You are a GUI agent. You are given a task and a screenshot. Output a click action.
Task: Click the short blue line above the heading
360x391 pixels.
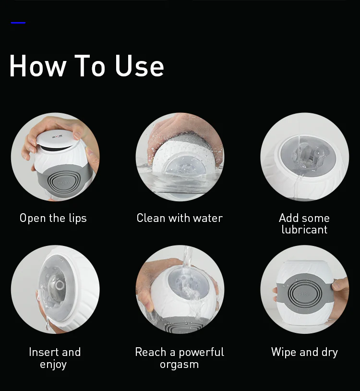pos(18,23)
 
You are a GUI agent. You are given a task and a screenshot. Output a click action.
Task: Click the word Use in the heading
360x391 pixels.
pos(140,66)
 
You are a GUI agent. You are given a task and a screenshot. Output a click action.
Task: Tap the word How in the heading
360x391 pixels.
pos(38,66)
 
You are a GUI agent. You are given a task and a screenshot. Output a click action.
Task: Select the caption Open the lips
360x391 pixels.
pos(53,218)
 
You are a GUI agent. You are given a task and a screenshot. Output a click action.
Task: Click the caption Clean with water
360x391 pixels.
pos(180,218)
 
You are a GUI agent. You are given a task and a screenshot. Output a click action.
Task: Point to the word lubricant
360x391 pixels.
pos(304,230)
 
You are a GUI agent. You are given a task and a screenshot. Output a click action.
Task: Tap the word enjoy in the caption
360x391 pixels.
pos(53,365)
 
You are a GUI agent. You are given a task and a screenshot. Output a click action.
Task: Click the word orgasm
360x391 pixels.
pos(180,365)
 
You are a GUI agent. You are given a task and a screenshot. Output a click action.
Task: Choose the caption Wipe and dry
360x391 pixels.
pos(304,353)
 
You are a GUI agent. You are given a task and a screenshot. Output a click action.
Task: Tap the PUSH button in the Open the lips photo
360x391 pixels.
pos(64,183)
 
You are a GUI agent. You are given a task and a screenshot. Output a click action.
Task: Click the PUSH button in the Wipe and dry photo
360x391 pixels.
pos(304,294)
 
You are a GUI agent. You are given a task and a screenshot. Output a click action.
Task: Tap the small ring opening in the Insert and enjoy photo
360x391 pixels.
pos(60,285)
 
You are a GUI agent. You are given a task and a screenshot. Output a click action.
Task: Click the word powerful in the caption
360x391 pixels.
pos(201,353)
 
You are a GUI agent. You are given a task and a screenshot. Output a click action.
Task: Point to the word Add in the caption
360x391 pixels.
pos(288,218)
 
